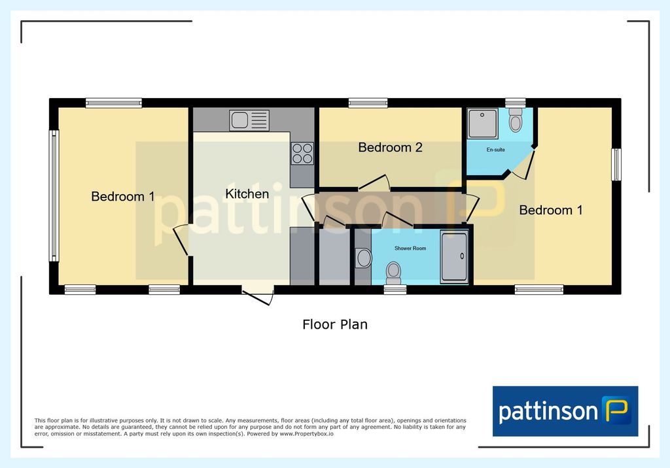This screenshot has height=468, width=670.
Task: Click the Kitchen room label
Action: (247, 194)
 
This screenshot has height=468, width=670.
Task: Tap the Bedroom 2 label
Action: (390, 147)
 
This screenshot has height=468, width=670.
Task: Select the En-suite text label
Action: (496, 150)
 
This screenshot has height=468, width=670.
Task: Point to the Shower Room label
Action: (410, 248)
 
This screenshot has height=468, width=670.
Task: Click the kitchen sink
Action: (249, 120)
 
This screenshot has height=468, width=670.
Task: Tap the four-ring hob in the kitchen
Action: (302, 154)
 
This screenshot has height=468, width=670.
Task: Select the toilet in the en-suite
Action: (516, 120)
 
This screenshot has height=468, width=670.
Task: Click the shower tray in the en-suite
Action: (483, 124)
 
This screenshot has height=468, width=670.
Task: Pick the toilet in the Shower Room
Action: (393, 273)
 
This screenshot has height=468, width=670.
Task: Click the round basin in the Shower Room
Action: (364, 258)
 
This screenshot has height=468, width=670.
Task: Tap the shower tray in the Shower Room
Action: (454, 257)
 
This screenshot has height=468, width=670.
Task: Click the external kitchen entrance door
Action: (258, 297)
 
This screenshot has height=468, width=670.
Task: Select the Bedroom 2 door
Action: (374, 182)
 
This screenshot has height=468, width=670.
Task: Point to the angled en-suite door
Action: (524, 165)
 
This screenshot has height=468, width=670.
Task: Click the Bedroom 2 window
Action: (368, 103)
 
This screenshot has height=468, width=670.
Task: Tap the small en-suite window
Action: (516, 103)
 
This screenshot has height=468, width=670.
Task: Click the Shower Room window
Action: (395, 290)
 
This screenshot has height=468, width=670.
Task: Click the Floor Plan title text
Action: (335, 324)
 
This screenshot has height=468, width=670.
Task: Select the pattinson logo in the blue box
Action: (565, 411)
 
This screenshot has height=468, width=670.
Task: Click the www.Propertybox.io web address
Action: (306, 434)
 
